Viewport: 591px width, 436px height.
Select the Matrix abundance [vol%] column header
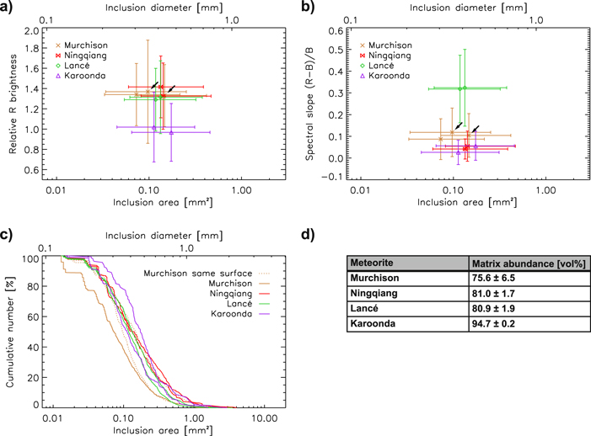[x=528, y=263]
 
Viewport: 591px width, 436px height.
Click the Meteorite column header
[x=379, y=263]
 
